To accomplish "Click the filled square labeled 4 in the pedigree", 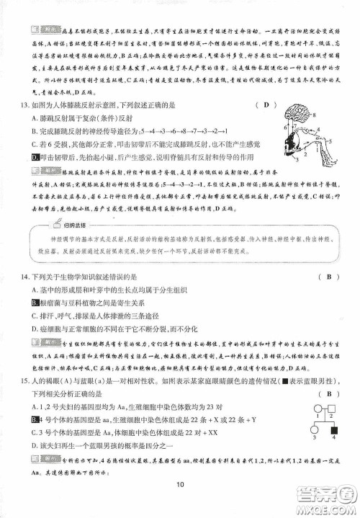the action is tap(333, 432).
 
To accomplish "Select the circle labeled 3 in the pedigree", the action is tap(315, 432).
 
